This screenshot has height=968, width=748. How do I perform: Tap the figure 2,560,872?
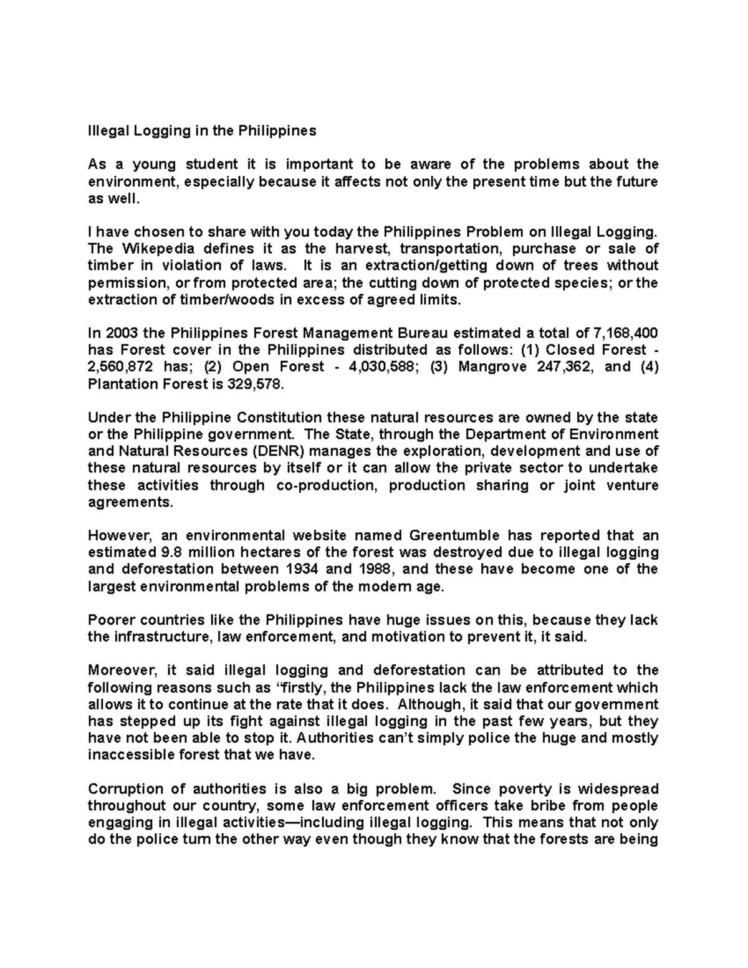click(x=121, y=367)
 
